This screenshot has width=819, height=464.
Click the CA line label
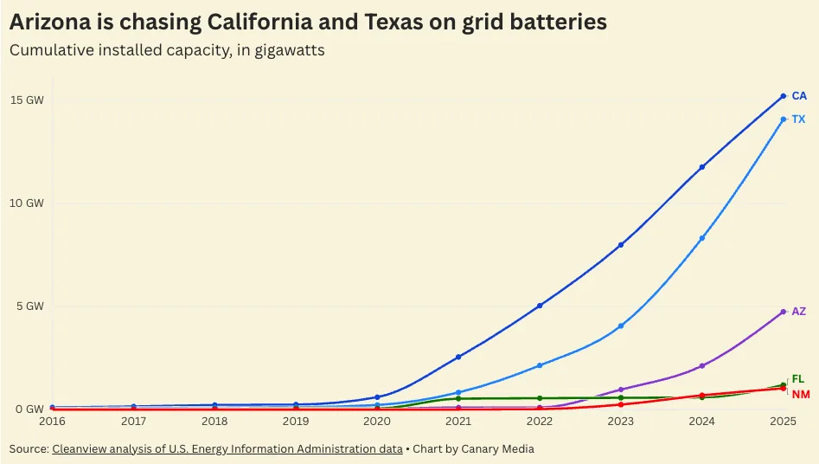(x=799, y=96)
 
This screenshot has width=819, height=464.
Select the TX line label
(x=798, y=119)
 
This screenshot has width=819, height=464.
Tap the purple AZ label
(x=799, y=312)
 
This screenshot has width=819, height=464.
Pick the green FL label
(x=798, y=379)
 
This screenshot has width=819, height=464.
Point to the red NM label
(x=801, y=395)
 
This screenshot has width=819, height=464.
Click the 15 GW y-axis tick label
(x=27, y=100)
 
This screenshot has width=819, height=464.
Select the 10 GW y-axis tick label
(x=27, y=203)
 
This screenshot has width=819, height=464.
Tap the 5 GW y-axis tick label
(x=29, y=306)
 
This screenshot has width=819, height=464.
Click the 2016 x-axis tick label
(x=52, y=422)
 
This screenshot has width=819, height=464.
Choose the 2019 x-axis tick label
(x=296, y=422)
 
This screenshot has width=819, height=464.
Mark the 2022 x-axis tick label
(x=540, y=422)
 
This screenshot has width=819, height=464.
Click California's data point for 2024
(x=702, y=167)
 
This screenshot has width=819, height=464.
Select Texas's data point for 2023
(x=621, y=326)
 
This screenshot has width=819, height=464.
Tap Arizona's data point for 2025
(x=784, y=312)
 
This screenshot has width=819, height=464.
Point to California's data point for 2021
(x=458, y=357)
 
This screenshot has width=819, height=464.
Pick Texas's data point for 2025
(x=784, y=119)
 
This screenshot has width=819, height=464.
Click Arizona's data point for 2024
(x=702, y=366)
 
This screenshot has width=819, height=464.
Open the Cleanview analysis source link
(x=227, y=449)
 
